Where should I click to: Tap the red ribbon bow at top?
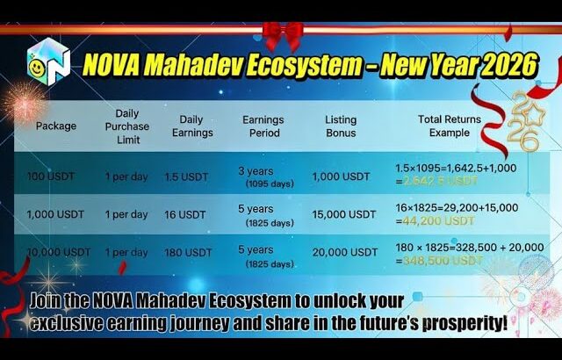point(282,35)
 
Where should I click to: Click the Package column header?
point(55,126)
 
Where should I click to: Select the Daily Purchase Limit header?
point(126,126)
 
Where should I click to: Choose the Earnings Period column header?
point(261,126)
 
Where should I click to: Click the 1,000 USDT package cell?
point(56,214)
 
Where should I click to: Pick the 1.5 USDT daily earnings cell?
point(186,176)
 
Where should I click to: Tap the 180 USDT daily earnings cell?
point(187,253)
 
